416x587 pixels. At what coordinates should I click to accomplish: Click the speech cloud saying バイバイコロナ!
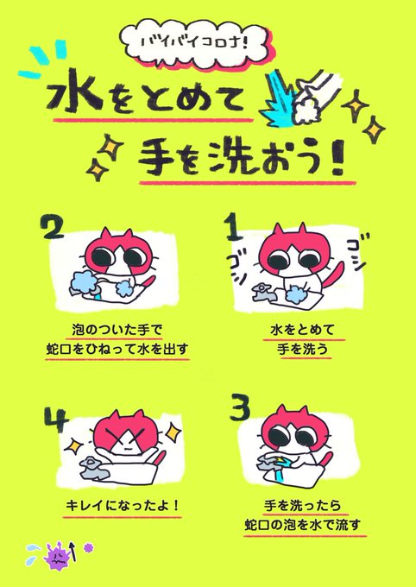(x=195, y=42)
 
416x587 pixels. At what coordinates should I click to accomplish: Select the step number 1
(x=234, y=227)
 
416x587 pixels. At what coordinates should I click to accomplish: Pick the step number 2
(x=54, y=228)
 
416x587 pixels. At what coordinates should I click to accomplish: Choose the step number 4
(x=56, y=420)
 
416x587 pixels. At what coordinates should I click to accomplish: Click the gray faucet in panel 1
(x=263, y=292)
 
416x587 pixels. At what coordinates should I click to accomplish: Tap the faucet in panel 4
(x=93, y=469)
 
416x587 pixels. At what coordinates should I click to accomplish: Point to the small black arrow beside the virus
(x=73, y=552)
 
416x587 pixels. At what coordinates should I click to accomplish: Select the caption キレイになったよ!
(x=123, y=506)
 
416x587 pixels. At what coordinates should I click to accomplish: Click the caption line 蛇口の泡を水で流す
(x=303, y=525)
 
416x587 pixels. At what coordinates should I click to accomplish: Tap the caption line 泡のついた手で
(x=117, y=330)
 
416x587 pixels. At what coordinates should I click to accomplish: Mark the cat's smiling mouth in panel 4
(x=128, y=448)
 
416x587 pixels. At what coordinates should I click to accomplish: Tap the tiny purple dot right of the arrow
(x=88, y=547)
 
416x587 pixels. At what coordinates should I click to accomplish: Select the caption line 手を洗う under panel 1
(x=303, y=349)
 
